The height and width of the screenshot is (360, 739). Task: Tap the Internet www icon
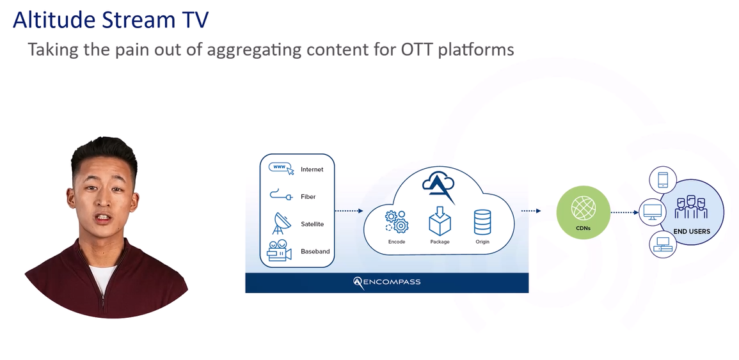[281, 169]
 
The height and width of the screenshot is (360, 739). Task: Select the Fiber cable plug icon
[281, 196]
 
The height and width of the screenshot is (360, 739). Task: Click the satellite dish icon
[281, 223]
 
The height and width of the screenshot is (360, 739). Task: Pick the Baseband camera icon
[280, 251]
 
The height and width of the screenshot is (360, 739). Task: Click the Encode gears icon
[397, 221]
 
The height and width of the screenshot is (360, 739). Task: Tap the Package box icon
[440, 221]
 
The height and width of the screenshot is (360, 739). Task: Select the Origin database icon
[482, 221]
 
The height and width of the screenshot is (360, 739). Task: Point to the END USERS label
[691, 231]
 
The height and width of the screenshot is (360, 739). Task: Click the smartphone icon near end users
[663, 180]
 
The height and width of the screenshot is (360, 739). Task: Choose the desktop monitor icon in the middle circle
[653, 211]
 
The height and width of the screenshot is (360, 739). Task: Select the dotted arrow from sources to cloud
[349, 210]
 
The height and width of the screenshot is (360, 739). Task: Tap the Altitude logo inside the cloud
[438, 185]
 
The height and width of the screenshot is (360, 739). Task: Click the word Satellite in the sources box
[312, 224]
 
